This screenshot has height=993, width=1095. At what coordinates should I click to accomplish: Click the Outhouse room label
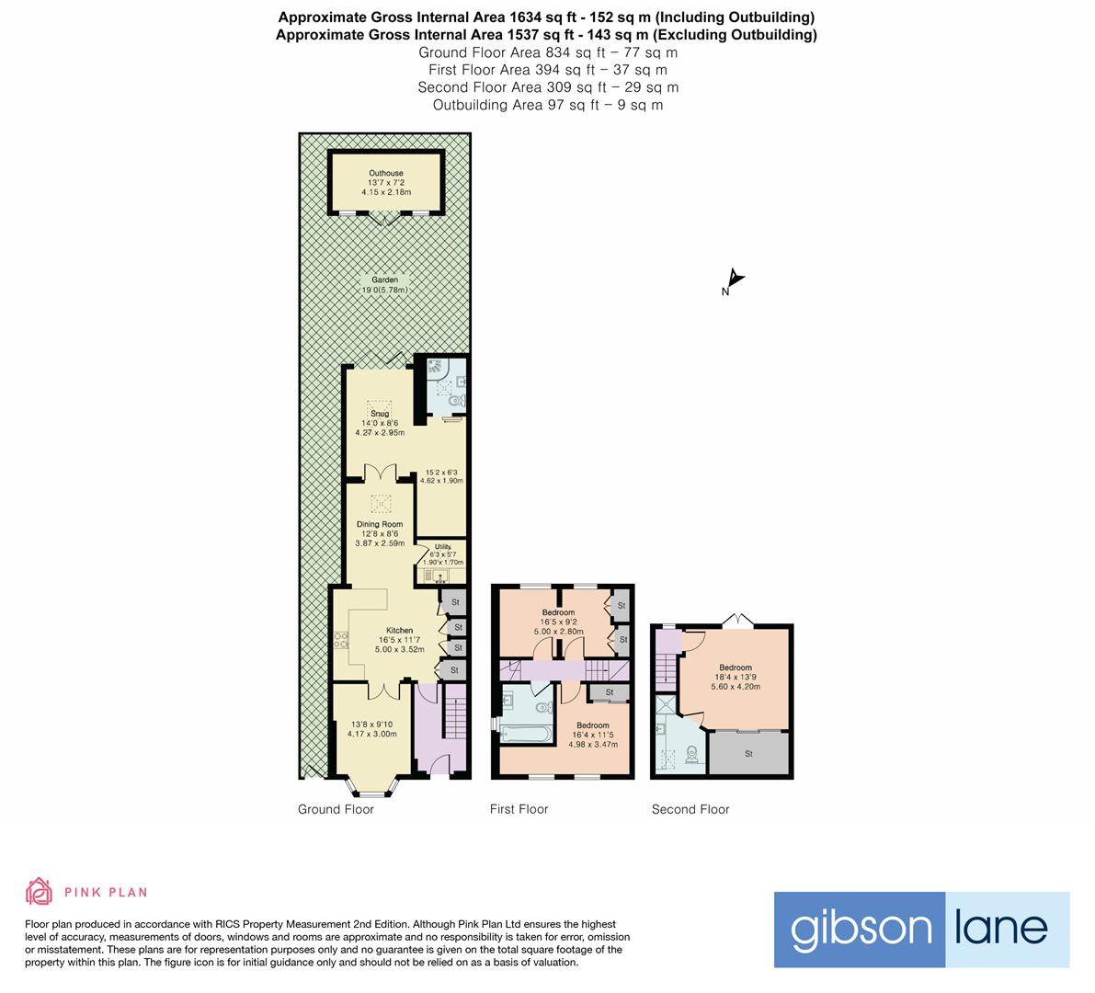click(386, 173)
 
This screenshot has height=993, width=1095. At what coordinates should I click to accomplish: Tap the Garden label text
click(384, 280)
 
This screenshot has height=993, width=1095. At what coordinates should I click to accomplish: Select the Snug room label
click(380, 414)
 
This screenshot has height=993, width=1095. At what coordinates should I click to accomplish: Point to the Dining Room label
click(380, 524)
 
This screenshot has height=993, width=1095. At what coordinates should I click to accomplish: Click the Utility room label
click(442, 547)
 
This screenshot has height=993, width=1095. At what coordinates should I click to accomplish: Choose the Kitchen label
click(399, 630)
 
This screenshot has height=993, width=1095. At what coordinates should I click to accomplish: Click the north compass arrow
click(734, 280)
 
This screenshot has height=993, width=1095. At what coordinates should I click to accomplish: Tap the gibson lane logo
click(921, 929)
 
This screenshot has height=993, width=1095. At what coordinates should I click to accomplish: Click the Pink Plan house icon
click(40, 891)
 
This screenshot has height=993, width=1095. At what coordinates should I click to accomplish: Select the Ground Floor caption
click(336, 809)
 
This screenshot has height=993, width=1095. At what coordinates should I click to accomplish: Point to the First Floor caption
click(519, 809)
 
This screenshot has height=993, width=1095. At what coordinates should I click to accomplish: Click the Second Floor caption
click(690, 809)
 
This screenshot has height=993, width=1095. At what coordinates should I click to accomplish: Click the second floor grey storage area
click(748, 754)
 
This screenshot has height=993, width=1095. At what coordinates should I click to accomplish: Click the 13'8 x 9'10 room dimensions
click(371, 728)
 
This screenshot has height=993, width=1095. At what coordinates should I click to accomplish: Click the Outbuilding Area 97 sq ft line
click(547, 105)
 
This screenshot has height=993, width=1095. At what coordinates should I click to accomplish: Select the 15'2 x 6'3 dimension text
click(441, 475)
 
